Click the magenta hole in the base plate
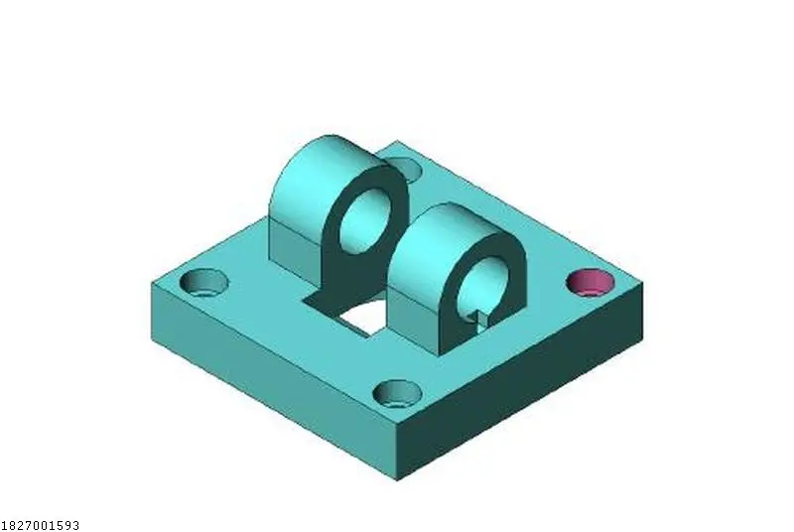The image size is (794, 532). click(590, 283)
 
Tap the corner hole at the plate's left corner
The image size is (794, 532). click(204, 283)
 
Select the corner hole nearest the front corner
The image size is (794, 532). click(398, 393)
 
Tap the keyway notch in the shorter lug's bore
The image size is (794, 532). click(482, 318)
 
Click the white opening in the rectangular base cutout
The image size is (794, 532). click(363, 317)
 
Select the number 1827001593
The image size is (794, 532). click(40, 525)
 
